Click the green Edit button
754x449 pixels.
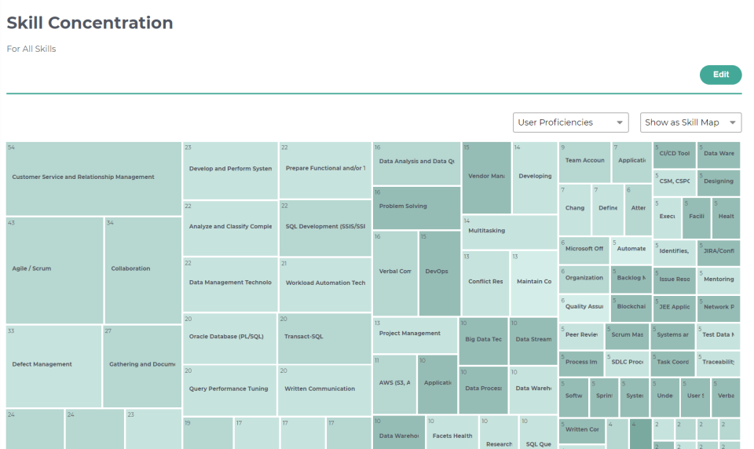point(720,75)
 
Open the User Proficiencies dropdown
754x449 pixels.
point(570,122)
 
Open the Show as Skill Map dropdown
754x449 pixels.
point(690,122)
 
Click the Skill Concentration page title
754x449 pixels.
point(90,23)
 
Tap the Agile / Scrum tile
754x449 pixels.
point(54,269)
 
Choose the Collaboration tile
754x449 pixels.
point(142,269)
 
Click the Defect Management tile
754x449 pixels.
point(53,364)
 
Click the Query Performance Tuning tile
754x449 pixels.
point(229,389)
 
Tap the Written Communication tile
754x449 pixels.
point(324,389)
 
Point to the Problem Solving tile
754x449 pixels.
point(416,207)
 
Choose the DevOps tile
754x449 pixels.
point(439,272)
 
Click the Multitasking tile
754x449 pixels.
point(509,232)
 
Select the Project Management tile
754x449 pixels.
point(415,334)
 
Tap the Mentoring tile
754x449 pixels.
point(718,279)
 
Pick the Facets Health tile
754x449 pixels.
point(452,436)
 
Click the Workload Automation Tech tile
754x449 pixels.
point(324,283)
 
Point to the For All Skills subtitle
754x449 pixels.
point(31,49)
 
